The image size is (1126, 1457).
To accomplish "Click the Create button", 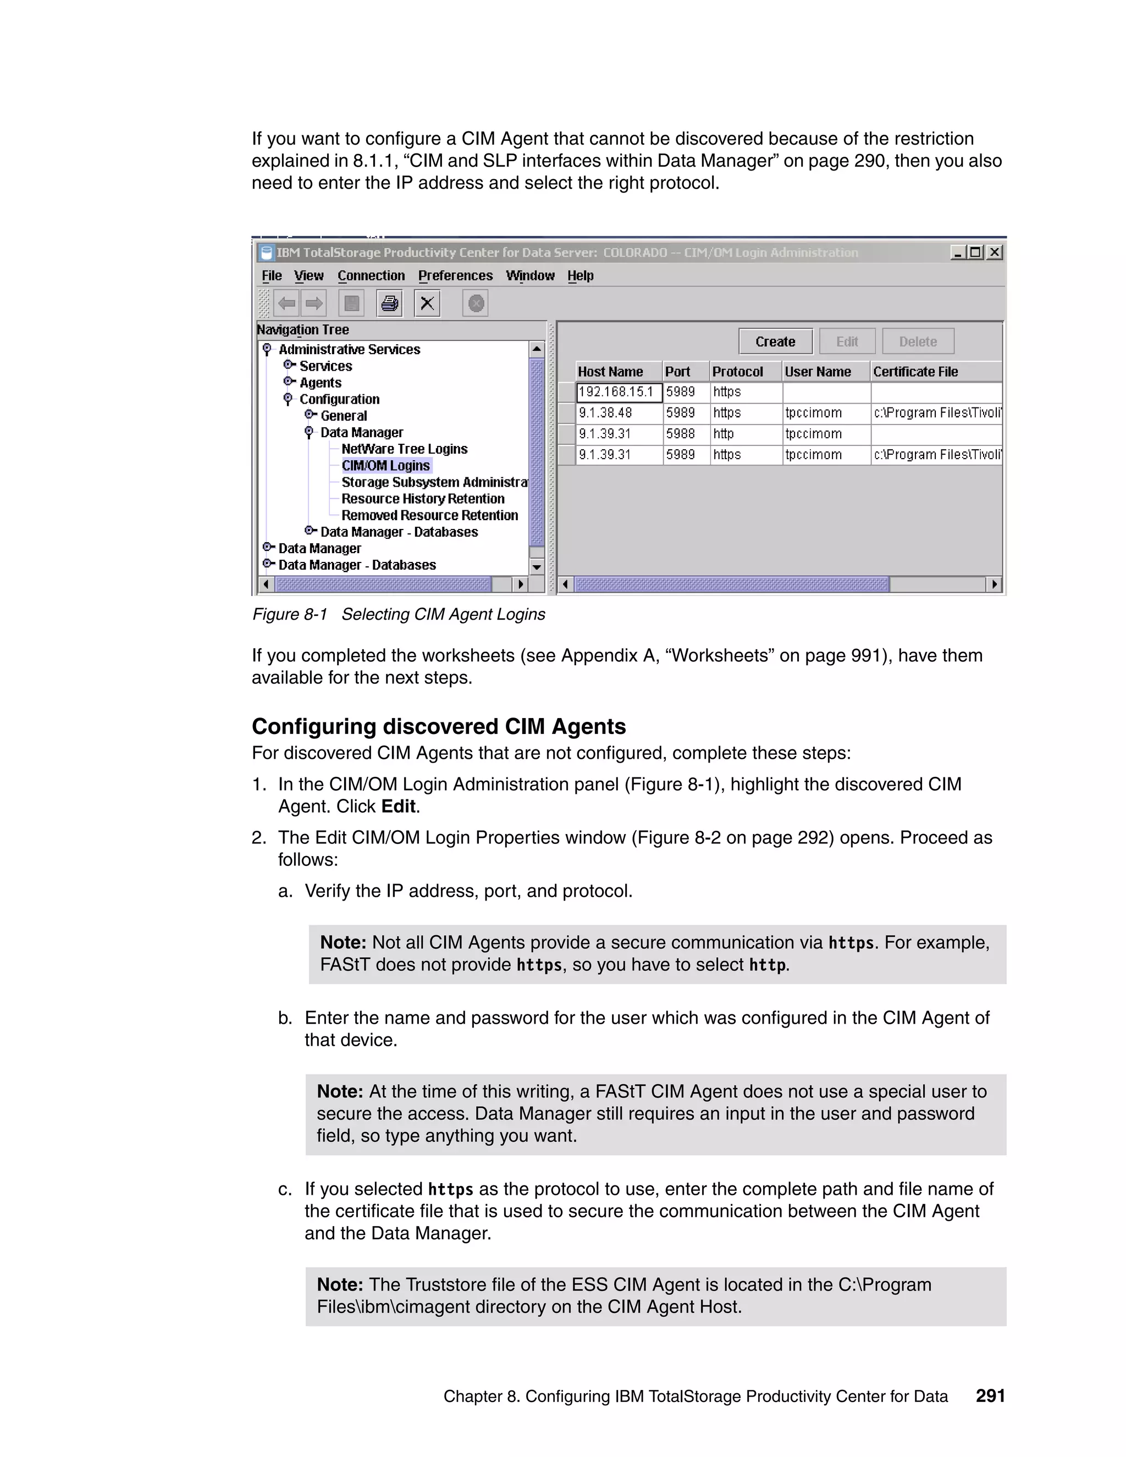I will (775, 341).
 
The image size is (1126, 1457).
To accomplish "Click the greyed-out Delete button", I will (917, 341).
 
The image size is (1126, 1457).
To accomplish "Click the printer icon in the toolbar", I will (390, 304).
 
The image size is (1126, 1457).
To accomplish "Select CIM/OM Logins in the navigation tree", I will (385, 466).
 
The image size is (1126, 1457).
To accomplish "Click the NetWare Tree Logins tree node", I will (404, 449).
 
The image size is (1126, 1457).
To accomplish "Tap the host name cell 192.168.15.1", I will (617, 392).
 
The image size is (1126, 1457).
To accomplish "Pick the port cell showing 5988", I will (681, 434).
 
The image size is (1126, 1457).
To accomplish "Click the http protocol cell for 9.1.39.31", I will (724, 434).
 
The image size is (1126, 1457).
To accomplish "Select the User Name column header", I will (818, 372).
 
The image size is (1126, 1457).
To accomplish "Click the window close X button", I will (995, 252).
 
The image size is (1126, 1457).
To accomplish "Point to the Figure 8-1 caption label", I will (290, 615).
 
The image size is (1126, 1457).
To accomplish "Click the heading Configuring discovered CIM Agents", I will (438, 726).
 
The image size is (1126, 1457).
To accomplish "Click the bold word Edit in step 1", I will (398, 807).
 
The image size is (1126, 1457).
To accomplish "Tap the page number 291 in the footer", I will (990, 1395).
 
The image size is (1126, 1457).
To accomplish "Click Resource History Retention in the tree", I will (423, 499).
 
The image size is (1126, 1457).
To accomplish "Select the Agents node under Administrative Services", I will (320, 383).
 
